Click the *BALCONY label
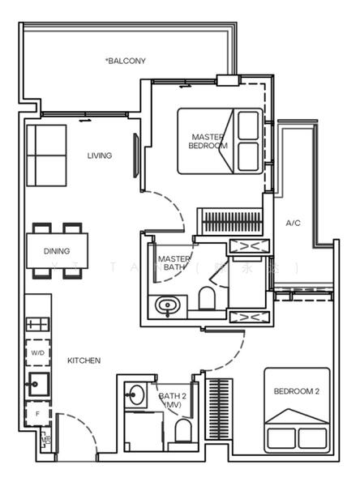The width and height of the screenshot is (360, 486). point(126,61)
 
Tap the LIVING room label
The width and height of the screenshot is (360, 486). point(100,156)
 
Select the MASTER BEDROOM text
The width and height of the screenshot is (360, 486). point(208,141)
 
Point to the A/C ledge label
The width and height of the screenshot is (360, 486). point(294,223)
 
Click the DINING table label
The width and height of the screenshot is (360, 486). point(57,251)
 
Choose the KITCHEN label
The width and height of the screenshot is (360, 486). point(84,360)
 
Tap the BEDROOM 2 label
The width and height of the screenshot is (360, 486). point(296,391)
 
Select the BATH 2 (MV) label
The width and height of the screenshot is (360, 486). point(173,399)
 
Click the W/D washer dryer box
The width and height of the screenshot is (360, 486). point(37,353)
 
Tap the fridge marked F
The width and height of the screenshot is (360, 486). point(37,413)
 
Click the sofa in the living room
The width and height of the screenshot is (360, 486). point(46,155)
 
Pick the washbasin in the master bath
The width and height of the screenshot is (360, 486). point(168,306)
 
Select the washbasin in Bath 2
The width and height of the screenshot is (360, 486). point(135,396)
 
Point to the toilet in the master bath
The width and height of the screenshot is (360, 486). point(206,298)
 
